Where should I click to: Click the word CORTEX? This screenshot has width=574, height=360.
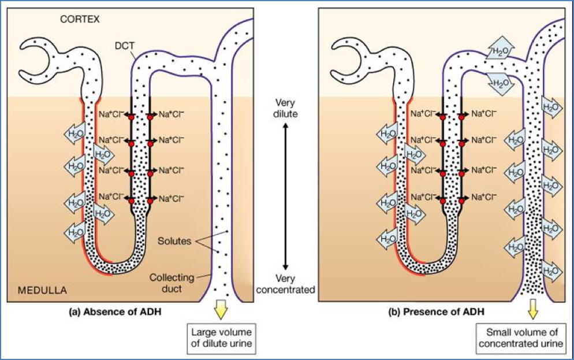click(x=80, y=19)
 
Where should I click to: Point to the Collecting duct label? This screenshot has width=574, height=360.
click(x=172, y=283)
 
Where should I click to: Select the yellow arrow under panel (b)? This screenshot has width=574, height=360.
click(x=532, y=310)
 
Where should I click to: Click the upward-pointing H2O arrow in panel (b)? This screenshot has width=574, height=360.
click(x=498, y=51)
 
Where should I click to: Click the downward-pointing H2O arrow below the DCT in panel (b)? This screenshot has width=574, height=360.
click(x=498, y=81)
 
